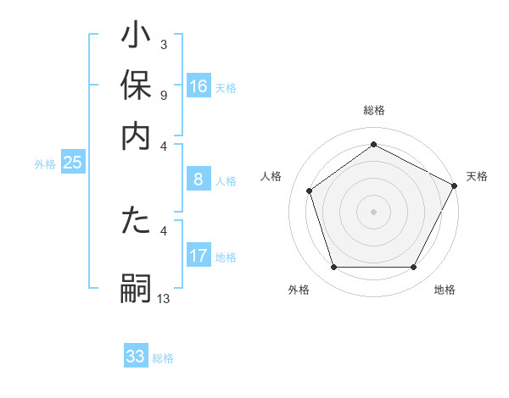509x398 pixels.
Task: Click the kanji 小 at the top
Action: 136,39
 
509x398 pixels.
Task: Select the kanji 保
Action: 136,86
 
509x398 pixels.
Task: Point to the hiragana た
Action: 136,224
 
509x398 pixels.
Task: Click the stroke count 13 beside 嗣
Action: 164,298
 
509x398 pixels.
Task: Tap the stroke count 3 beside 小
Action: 164,44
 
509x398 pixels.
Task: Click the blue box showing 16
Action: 199,86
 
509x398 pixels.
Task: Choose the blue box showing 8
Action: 199,180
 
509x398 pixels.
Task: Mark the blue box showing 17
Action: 199,256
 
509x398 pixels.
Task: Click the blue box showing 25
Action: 73,163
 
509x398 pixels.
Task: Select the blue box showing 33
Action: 136,357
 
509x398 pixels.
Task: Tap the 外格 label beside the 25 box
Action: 45,164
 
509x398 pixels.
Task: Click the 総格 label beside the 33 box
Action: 163,358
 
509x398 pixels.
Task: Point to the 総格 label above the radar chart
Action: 373,111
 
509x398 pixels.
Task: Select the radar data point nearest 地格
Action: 414,268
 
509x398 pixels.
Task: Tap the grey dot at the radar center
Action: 373,211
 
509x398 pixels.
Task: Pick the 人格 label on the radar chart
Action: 271,175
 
